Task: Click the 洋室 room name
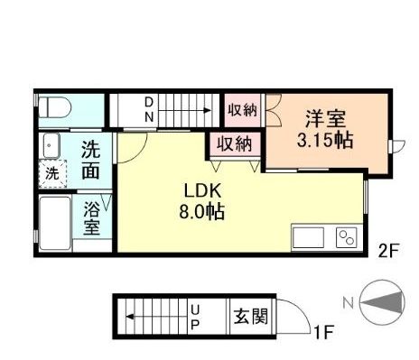[326, 119]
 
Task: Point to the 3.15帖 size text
[325, 142]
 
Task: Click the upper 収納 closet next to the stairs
[242, 110]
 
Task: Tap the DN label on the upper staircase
[150, 110]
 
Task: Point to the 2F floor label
[388, 252]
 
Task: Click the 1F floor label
[323, 332]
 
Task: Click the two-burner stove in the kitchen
[347, 239]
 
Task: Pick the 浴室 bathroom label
[93, 218]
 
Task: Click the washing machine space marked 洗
[51, 173]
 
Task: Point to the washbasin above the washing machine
[51, 144]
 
